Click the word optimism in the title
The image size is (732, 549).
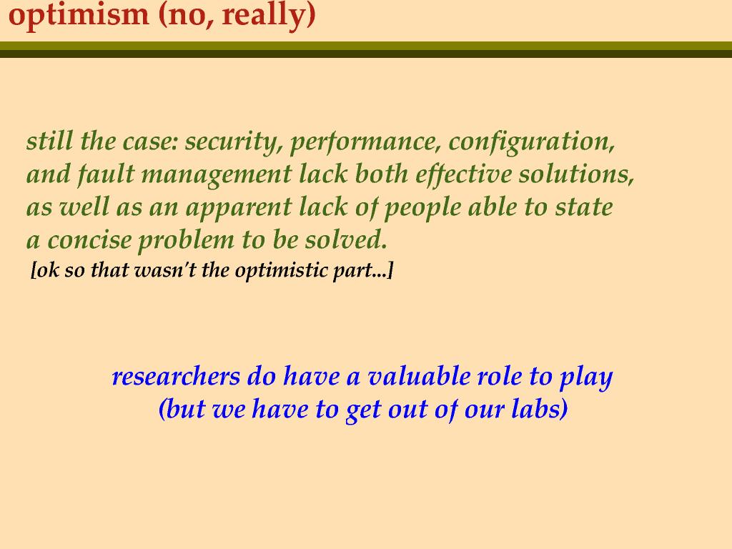(x=79, y=15)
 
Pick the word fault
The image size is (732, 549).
(x=107, y=174)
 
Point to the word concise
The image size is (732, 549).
(x=90, y=241)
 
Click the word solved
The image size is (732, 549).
(x=346, y=240)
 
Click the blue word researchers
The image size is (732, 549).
(x=176, y=376)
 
